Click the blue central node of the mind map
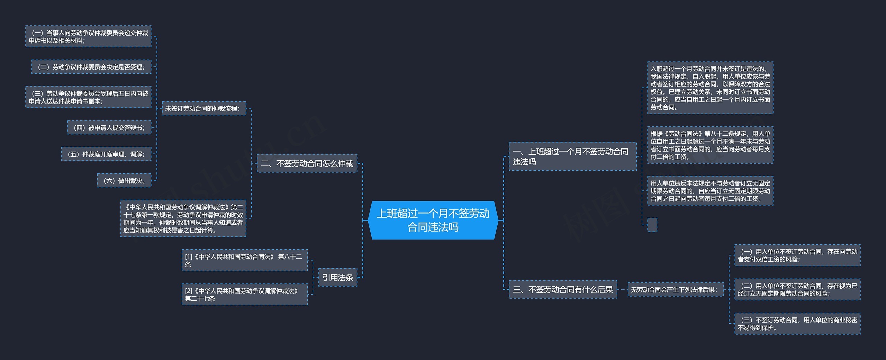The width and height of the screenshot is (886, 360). click(x=433, y=220)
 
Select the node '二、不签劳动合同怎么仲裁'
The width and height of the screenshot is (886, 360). click(x=307, y=163)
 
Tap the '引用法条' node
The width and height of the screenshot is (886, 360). click(x=337, y=277)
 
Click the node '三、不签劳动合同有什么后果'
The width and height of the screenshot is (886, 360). click(x=563, y=289)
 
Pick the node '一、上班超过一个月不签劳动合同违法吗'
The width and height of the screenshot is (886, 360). click(x=572, y=156)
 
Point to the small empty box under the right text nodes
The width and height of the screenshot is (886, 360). click(x=652, y=225)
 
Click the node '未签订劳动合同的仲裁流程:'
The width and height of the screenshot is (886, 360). click(x=204, y=108)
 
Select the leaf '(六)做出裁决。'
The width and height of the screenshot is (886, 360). click(x=124, y=180)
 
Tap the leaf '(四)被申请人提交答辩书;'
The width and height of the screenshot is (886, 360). click(x=109, y=128)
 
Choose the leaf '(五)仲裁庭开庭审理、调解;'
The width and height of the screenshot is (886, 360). click(x=106, y=154)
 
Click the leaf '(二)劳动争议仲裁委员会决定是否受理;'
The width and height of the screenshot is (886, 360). click(x=91, y=67)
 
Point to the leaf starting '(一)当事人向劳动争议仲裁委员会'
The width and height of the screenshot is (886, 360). click(x=88, y=36)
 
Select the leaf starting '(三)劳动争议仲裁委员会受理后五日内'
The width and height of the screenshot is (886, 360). click(x=88, y=97)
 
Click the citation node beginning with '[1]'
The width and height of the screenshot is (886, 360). click(x=244, y=260)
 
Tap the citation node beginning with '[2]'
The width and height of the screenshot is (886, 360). click(x=244, y=295)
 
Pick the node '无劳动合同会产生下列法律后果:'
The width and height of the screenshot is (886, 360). click(x=675, y=289)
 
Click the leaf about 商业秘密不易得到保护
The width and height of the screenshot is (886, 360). click(x=797, y=324)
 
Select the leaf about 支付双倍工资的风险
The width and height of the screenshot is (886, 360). click(x=797, y=255)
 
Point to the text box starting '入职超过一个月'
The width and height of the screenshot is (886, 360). click(x=710, y=88)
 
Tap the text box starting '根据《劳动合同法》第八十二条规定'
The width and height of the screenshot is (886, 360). click(x=710, y=145)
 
